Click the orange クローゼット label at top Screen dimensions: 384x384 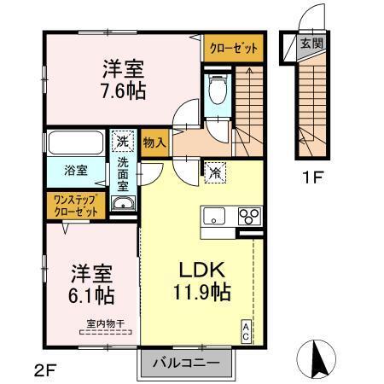point(232,49)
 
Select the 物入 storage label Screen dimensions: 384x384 point(154,143)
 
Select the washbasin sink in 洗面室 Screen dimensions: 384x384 point(124,203)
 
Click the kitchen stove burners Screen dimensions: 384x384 point(248,214)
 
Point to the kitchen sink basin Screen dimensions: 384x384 point(213,214)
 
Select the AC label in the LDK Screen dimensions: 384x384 point(247,332)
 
